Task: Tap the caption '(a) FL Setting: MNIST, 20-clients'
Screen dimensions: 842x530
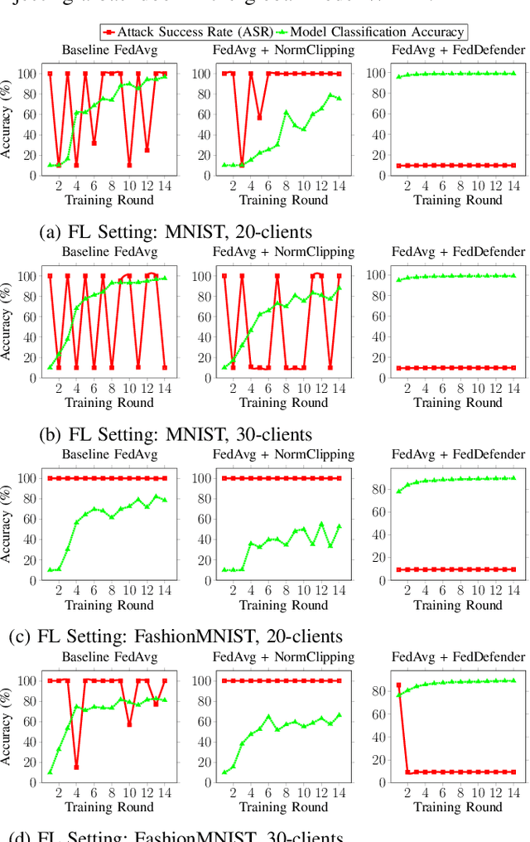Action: [x=176, y=232]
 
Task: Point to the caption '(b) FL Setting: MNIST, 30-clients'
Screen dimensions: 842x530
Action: [x=176, y=434]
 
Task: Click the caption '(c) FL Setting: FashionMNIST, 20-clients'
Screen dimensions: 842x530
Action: [x=176, y=636]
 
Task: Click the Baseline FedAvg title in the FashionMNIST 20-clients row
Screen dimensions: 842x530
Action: [x=108, y=454]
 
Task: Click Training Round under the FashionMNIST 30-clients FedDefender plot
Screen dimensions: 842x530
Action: [x=457, y=806]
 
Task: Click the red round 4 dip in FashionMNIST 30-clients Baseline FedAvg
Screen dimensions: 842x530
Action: [x=76, y=767]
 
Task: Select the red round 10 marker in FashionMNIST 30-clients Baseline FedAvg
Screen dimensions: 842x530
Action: [x=129, y=723]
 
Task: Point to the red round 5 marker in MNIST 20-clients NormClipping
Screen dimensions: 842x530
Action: [x=259, y=118]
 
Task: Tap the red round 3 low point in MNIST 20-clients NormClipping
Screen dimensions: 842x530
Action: [x=242, y=165]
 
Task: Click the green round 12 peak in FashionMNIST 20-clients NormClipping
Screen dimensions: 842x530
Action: [x=321, y=524]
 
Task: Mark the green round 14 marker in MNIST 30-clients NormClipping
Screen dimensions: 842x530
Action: [x=339, y=288]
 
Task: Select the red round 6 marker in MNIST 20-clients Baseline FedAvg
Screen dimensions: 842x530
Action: [x=94, y=143]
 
